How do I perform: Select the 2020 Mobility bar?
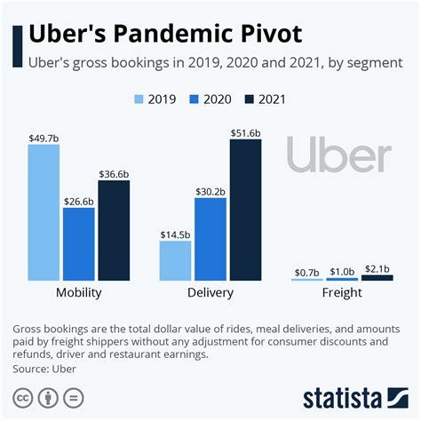coord(79,244)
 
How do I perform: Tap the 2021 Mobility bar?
coord(114,230)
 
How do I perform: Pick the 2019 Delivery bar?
coord(175,260)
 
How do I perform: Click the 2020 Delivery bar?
coord(210,238)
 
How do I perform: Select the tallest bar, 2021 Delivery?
coord(245,210)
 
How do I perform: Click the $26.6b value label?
coord(79,201)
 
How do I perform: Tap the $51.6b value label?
coord(245,131)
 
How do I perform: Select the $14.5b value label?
coord(175,234)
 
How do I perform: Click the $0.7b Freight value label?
coord(307,271)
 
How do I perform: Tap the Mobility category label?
coord(78,293)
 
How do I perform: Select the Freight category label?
coord(342,293)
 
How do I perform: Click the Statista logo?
coord(355,395)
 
